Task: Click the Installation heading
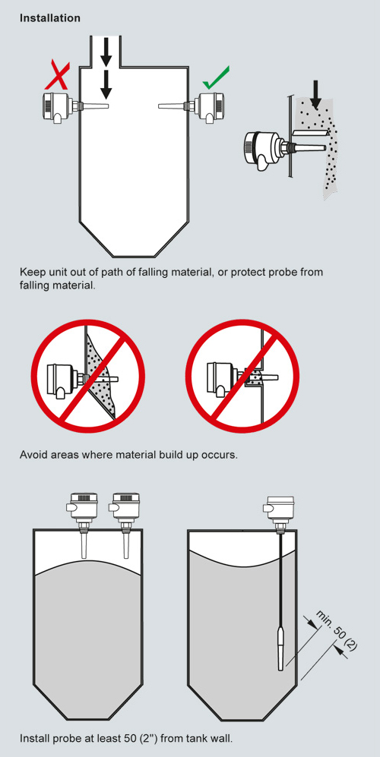coord(50,18)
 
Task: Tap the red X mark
coord(58,77)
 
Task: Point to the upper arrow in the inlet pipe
coord(106,52)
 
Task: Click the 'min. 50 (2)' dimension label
coord(337,630)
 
